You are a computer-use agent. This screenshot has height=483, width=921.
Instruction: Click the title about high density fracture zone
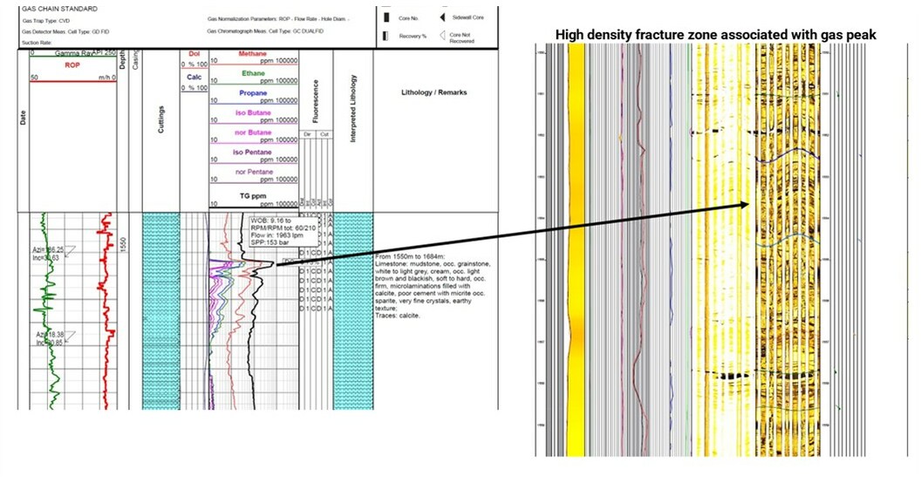(716, 34)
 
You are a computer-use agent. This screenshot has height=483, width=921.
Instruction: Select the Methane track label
(253, 54)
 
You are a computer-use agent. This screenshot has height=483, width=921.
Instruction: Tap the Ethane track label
(253, 74)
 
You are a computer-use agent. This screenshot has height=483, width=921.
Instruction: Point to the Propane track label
(253, 93)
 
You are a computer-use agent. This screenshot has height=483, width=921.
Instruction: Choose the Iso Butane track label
(253, 113)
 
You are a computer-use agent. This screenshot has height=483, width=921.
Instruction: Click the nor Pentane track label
(253, 173)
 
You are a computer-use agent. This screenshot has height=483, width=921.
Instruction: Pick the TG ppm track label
(253, 193)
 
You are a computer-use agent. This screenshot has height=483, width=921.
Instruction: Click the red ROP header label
(72, 65)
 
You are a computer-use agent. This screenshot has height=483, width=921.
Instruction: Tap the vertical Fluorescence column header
(316, 105)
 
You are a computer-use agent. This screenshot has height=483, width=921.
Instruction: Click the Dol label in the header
(194, 54)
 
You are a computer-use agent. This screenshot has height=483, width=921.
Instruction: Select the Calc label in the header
(194, 76)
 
